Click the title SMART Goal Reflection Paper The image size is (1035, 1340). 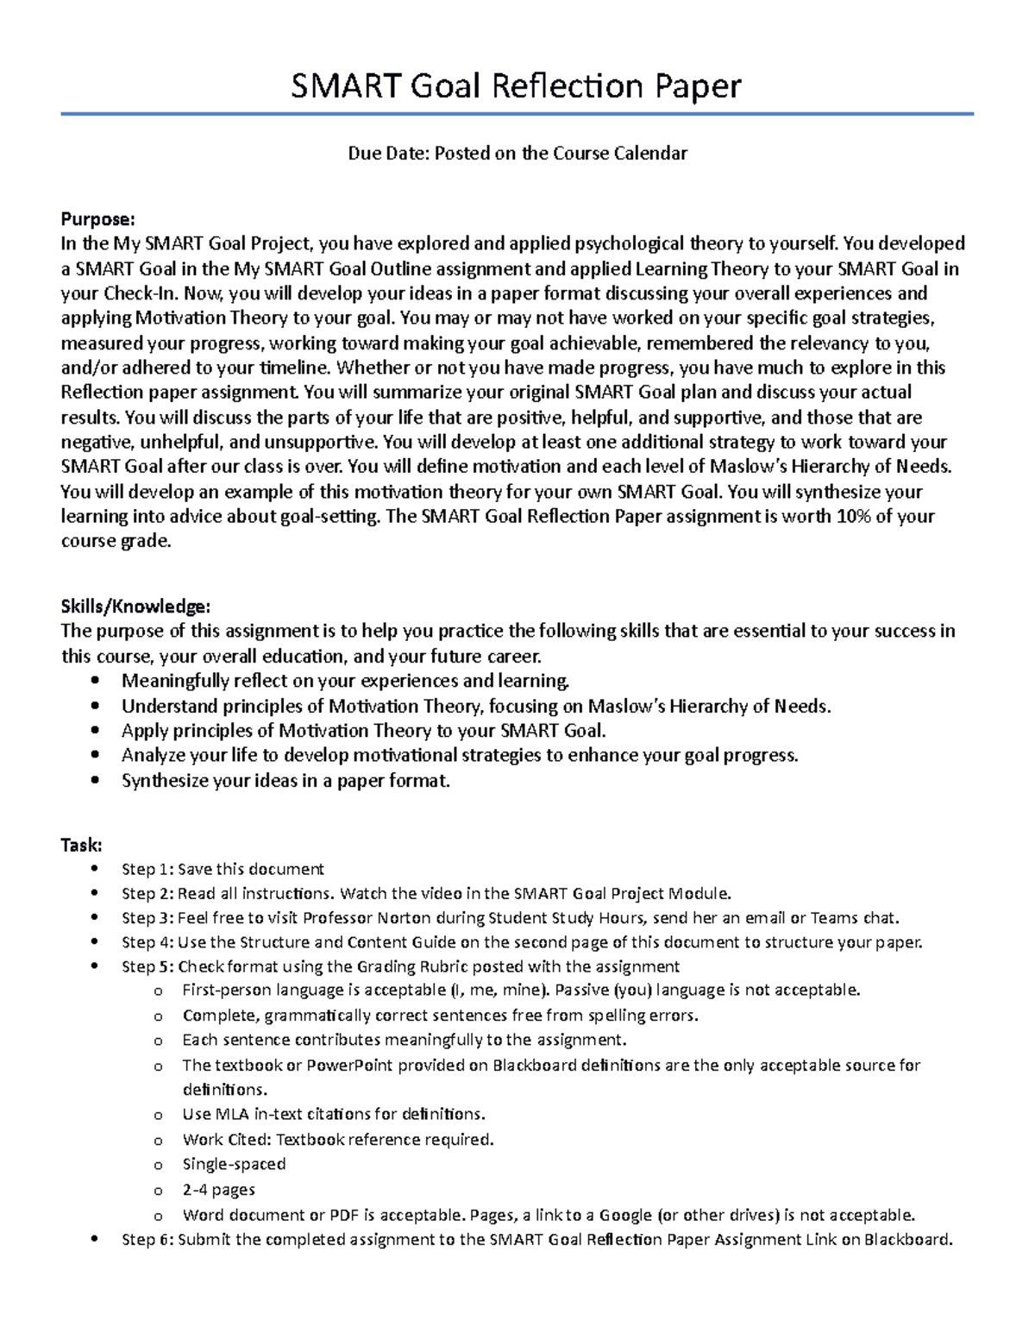(516, 86)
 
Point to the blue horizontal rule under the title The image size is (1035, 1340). (516, 114)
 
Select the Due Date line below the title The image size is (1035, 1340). (517, 154)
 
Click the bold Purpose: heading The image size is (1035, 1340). (97, 219)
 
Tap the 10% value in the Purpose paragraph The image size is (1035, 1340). (847, 517)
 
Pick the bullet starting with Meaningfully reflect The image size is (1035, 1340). (345, 681)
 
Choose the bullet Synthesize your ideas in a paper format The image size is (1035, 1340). (285, 781)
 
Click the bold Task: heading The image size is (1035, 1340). (81, 845)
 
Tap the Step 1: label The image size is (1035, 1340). (147, 869)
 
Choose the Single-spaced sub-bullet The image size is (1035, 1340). (234, 1164)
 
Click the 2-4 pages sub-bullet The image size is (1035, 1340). (218, 1190)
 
